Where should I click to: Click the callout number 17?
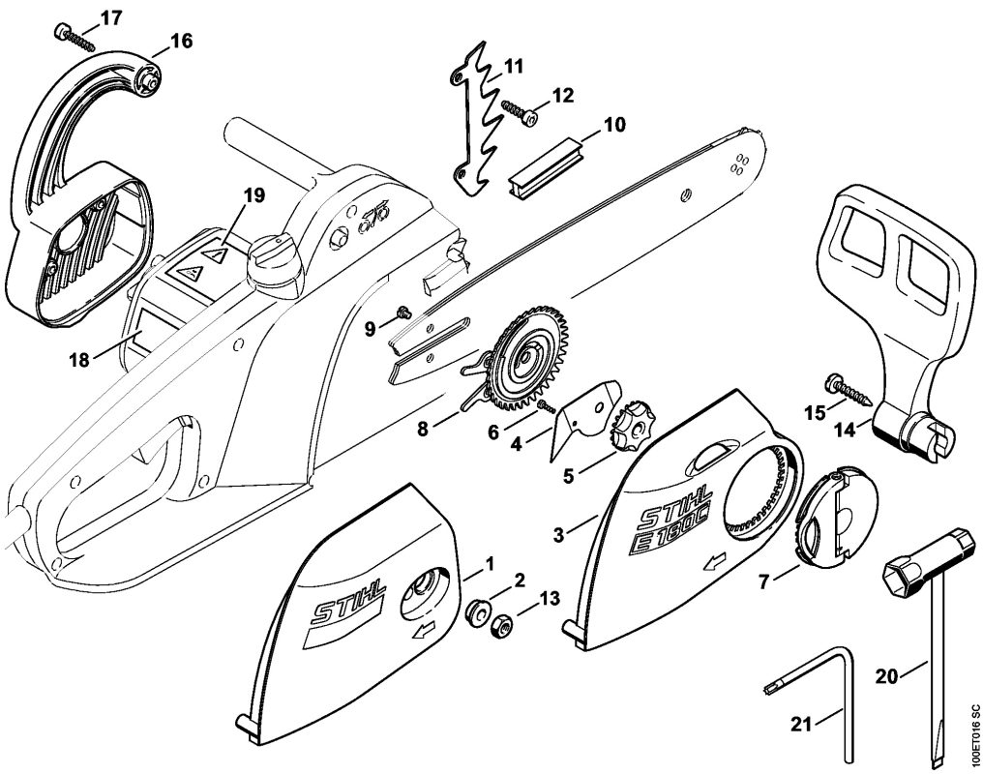tap(111, 16)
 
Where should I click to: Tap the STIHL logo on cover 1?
tap(347, 607)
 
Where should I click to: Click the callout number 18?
tap(78, 360)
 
